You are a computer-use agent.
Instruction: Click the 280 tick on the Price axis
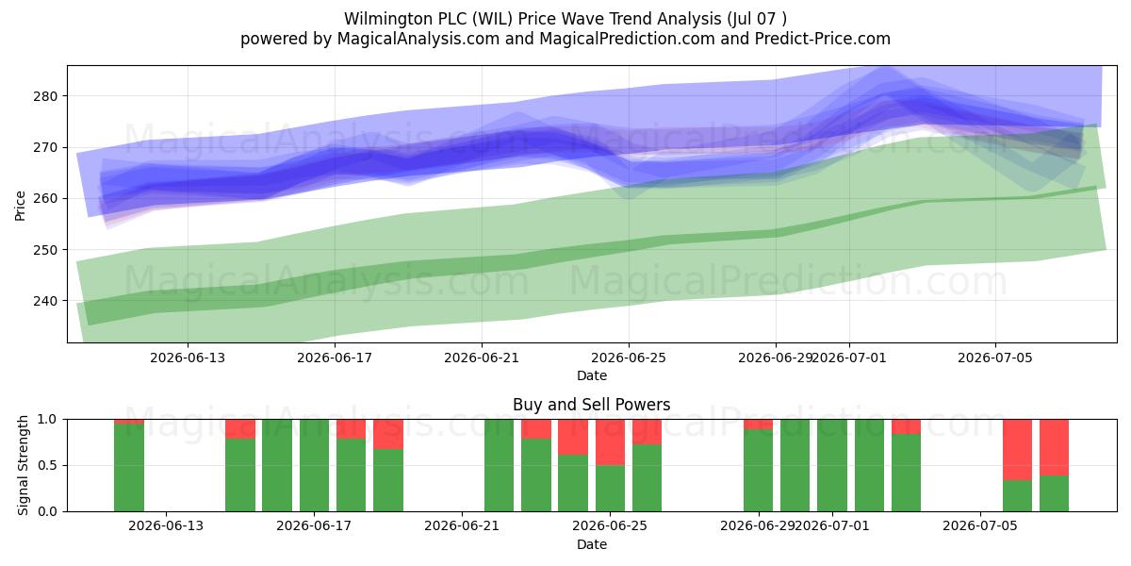(45, 96)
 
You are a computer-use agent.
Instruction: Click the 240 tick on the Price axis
(45, 301)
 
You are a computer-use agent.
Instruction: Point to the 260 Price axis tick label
(45, 199)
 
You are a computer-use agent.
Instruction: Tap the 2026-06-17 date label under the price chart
(335, 358)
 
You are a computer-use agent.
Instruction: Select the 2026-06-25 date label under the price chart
(629, 358)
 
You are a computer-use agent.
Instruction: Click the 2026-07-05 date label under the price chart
(995, 358)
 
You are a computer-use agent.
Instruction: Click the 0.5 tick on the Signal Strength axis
(47, 465)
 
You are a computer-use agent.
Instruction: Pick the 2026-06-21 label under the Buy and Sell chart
(462, 525)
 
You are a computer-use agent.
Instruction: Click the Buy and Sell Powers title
(592, 405)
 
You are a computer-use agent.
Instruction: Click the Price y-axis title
(20, 206)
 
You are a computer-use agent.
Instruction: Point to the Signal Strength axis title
(23, 465)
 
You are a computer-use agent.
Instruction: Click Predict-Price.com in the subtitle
(823, 39)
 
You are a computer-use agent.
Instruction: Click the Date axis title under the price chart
(592, 375)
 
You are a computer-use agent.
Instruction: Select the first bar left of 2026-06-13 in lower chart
(129, 465)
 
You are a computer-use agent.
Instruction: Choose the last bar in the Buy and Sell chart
(1054, 465)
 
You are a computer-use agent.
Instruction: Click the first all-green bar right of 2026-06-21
(499, 465)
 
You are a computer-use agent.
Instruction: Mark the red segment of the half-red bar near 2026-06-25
(610, 442)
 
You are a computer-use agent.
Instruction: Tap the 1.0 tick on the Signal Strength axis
(47, 420)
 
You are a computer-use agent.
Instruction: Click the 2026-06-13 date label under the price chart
(188, 358)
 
